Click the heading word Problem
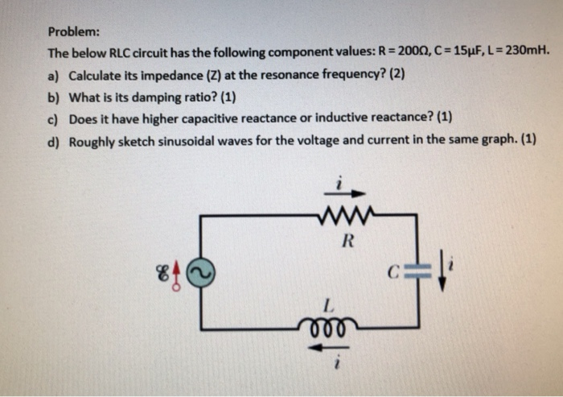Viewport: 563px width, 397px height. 73,32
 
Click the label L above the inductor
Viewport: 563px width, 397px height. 327,306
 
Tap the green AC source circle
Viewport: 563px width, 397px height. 200,274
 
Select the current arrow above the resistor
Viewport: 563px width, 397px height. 347,193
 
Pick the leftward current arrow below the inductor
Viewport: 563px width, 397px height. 327,347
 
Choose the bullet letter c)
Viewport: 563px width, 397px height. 54,118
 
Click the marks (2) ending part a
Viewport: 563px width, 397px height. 397,77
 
